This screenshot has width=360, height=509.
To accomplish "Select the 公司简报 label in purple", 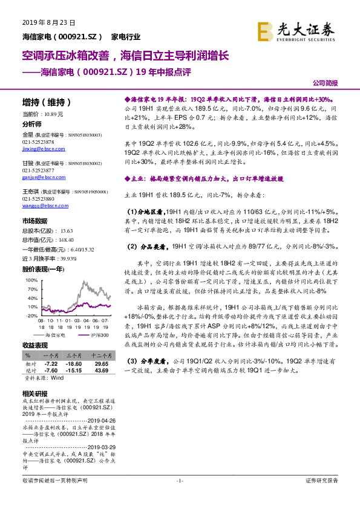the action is tap(325, 82).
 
